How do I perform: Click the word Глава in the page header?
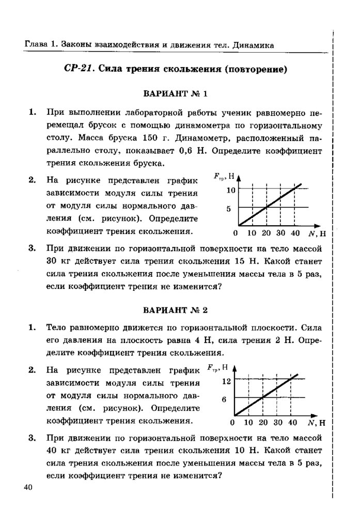pyautogui.click(x=36, y=45)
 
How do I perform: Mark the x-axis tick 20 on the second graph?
pyautogui.click(x=263, y=423)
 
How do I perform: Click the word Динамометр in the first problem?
pyautogui.click(x=190, y=138)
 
